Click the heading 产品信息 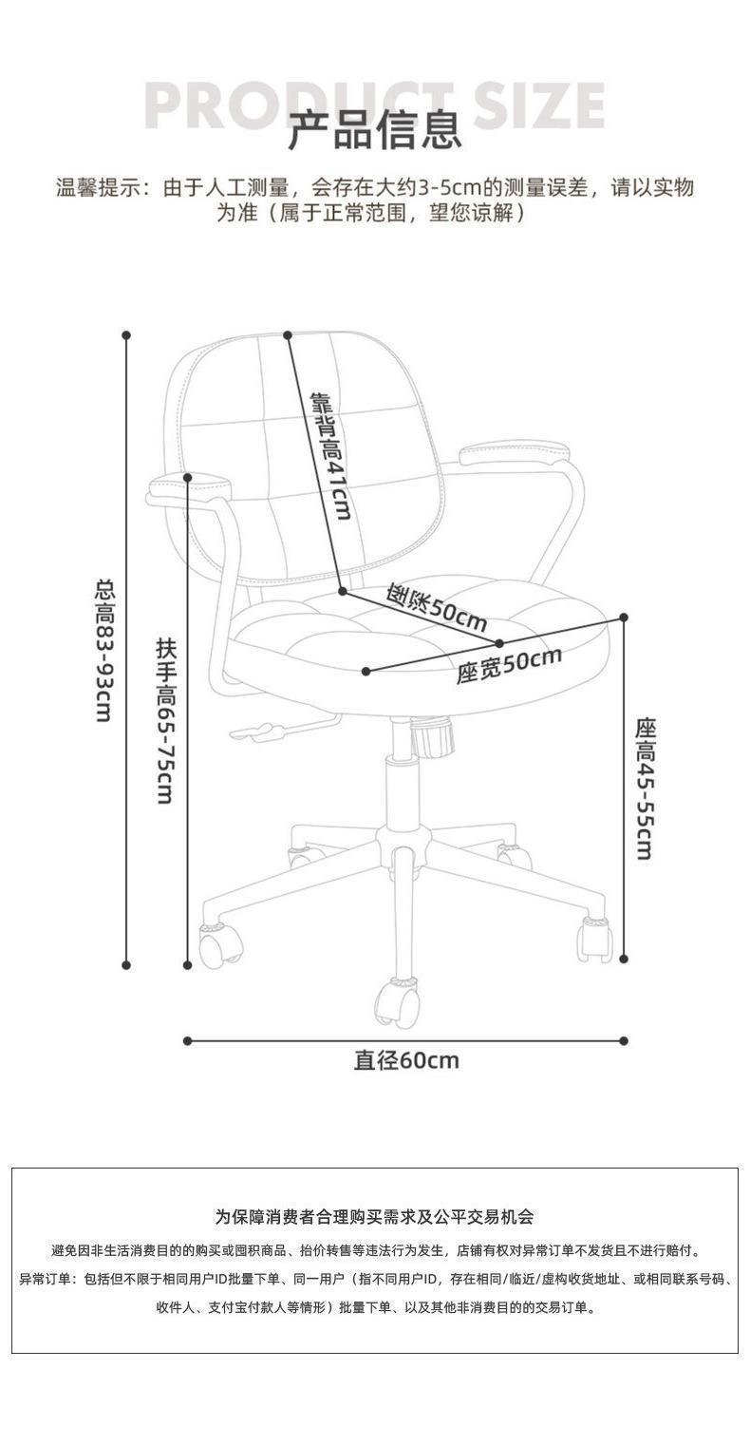click(374, 130)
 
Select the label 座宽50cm click(508, 663)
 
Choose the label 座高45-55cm click(645, 788)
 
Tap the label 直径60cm click(405, 1059)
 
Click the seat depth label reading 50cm click(437, 609)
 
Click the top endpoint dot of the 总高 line click(126, 334)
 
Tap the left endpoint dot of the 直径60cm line click(187, 1040)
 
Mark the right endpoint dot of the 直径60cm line click(624, 1040)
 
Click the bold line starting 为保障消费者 click(374, 1216)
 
